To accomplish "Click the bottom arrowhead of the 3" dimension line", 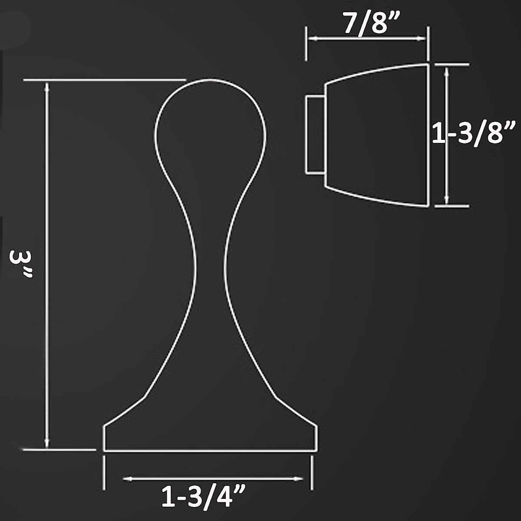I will point(47,444).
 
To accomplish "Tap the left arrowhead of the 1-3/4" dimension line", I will point(127,479).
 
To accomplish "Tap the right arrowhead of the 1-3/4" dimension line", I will point(299,479).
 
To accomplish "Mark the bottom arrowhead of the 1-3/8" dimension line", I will point(447,200).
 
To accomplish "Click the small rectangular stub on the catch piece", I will point(315,135).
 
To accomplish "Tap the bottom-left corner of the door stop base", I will point(104,451).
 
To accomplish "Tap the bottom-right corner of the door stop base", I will point(317,451).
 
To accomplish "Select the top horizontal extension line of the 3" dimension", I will point(104,80).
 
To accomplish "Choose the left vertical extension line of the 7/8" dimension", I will point(307,43).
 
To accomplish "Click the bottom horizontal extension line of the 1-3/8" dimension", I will point(452,206).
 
